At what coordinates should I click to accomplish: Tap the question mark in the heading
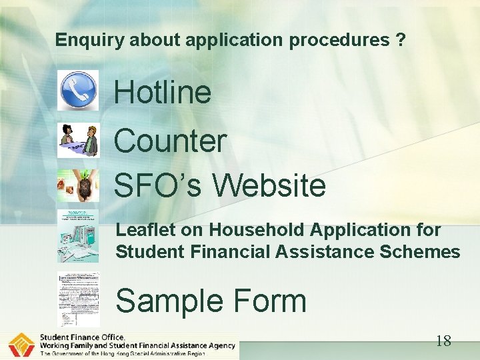pos(399,40)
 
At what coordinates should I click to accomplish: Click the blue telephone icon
pos(78,90)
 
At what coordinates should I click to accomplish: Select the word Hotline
pos(163,92)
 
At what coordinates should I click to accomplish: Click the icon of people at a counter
pos(78,139)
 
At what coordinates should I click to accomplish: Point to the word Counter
pos(170,141)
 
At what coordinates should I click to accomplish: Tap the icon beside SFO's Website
pos(78,185)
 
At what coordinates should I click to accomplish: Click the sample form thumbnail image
pos(78,300)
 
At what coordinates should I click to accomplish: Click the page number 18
pos(443,341)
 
